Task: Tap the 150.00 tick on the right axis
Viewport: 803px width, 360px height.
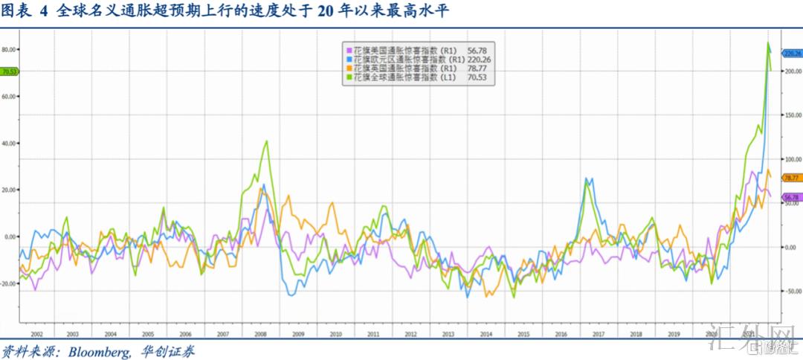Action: (794, 115)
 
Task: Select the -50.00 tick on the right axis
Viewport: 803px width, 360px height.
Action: (794, 291)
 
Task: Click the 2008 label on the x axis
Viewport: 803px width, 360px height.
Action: (261, 335)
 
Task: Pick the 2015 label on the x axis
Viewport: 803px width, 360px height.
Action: (523, 335)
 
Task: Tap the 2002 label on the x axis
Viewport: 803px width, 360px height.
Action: (35, 335)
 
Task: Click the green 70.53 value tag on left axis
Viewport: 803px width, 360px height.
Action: (10, 72)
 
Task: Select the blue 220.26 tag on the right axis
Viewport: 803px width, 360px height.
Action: (793, 53)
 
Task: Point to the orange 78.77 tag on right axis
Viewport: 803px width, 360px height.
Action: (791, 178)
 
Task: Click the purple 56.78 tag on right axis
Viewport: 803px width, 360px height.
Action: (791, 197)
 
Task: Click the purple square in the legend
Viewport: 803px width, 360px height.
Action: (346, 49)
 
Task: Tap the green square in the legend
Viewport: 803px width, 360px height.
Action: (346, 76)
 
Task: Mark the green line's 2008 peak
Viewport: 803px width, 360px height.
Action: (266, 141)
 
